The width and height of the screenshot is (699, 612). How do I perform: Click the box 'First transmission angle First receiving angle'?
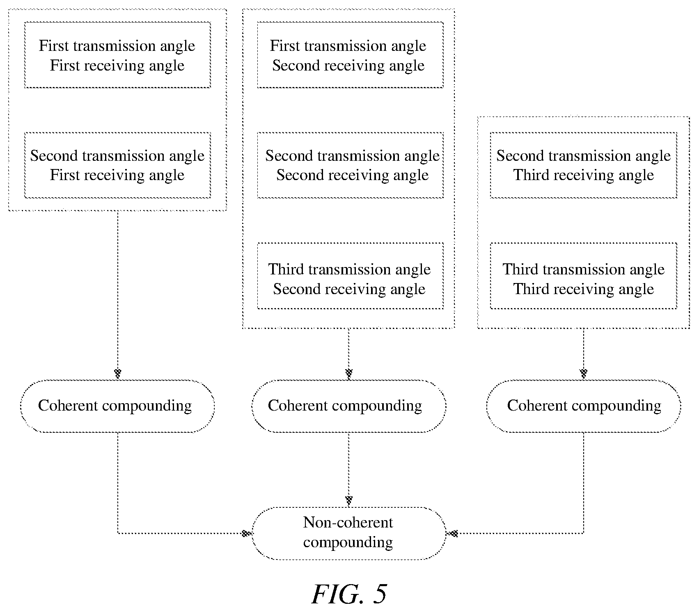tap(117, 55)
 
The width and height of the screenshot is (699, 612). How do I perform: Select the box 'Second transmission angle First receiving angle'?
tap(117, 165)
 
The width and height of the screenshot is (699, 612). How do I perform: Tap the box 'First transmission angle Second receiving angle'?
tap(350, 55)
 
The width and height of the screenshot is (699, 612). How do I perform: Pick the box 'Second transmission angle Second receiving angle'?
tap(350, 165)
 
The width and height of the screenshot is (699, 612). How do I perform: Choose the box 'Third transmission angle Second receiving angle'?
tap(350, 276)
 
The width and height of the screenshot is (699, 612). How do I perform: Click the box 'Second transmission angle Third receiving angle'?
tap(583, 165)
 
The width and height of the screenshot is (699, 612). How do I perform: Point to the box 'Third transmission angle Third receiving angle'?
tap(583, 276)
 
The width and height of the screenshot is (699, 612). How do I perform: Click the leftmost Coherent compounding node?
tap(117, 406)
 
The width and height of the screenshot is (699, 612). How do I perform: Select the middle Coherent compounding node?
tap(349, 406)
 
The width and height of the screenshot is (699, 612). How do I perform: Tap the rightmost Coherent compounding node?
tap(583, 406)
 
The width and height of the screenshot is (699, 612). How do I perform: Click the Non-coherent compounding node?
tap(349, 533)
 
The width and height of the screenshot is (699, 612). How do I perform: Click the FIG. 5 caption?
tap(349, 594)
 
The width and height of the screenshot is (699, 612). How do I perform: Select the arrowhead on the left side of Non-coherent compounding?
tap(246, 533)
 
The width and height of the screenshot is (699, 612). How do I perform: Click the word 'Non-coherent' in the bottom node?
tap(348, 523)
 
